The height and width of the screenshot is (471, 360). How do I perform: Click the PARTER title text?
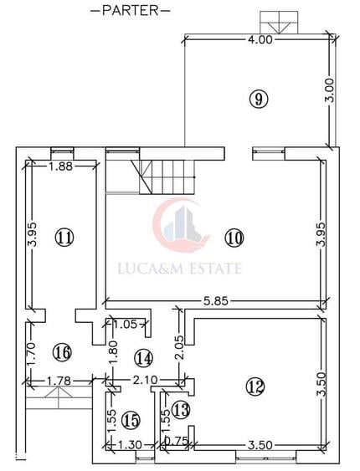coord(131,11)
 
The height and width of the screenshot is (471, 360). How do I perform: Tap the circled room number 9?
coord(259,99)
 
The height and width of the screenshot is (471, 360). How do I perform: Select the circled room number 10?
coord(234,238)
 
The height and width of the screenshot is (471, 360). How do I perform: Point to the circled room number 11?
coord(64,238)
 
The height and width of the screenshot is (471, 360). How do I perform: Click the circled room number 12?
coord(255,387)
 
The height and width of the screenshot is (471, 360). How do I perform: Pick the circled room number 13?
coord(181,410)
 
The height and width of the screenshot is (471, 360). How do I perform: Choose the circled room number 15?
coord(131,420)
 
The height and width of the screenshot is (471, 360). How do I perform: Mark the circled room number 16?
coord(62,351)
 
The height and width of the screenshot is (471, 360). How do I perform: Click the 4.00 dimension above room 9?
coord(260,39)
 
